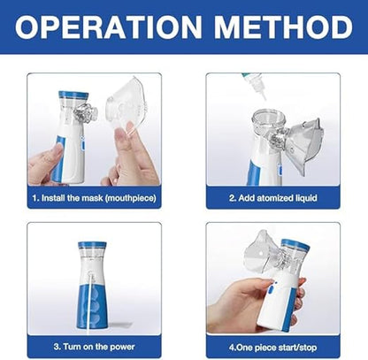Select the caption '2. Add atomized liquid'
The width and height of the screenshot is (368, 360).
(273, 198)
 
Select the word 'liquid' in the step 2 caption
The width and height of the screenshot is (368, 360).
(301, 198)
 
